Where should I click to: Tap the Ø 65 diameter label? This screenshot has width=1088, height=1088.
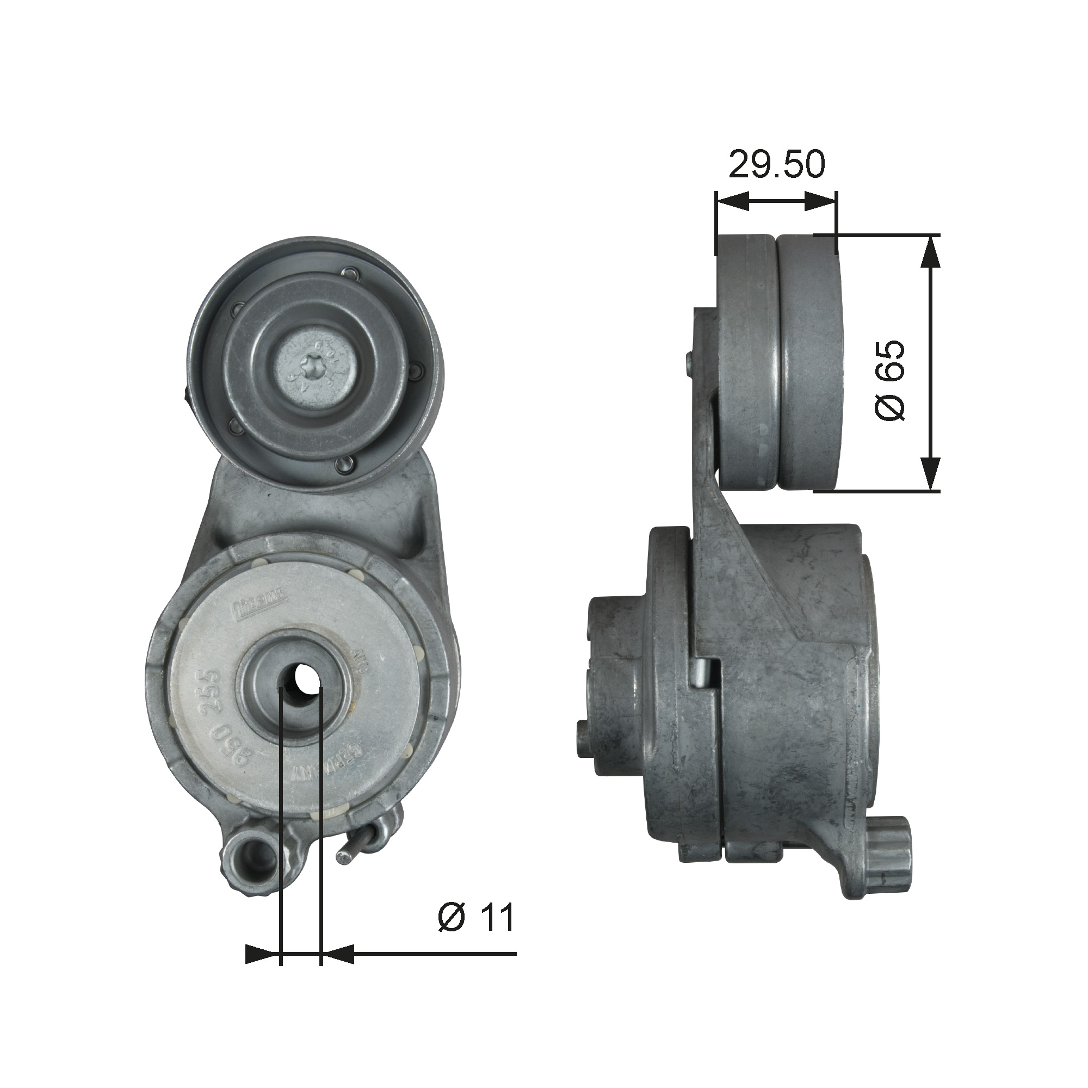click(891, 380)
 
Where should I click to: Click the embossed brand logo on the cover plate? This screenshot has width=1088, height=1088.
click(259, 608)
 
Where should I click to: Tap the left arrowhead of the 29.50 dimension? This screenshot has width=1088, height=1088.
click(732, 201)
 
